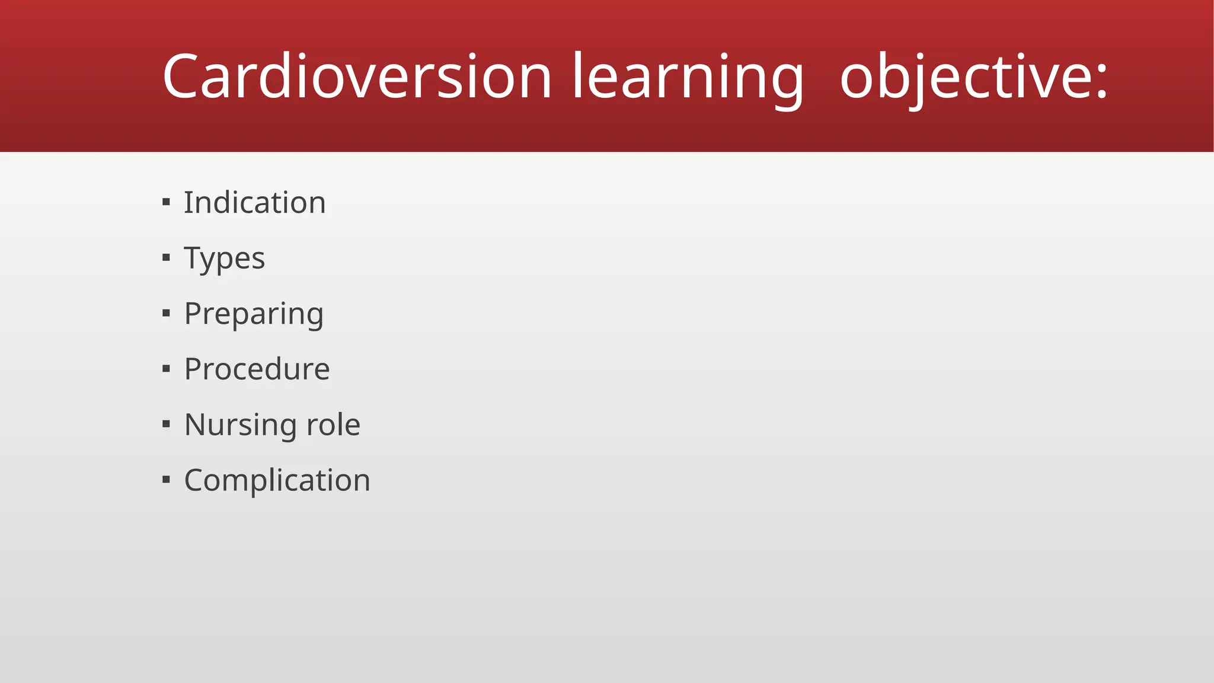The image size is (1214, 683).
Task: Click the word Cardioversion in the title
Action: point(357,76)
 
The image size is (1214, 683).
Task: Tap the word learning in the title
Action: point(688,76)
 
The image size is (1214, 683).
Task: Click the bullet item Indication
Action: point(254,203)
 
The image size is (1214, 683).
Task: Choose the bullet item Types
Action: point(224,258)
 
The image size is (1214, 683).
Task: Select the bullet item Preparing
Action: point(254,314)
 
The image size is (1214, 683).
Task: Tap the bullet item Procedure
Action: point(257,369)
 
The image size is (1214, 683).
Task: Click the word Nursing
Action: point(240,425)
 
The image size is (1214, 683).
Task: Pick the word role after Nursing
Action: point(333,425)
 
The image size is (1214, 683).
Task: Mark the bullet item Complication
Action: point(277,480)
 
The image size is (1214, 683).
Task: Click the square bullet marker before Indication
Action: point(166,203)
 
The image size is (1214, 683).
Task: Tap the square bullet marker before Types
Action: point(166,258)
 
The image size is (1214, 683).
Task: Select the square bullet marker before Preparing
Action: point(166,313)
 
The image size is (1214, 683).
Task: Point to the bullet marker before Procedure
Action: point(166,369)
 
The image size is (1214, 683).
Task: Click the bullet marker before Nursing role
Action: point(166,424)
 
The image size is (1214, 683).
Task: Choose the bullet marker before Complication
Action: point(166,480)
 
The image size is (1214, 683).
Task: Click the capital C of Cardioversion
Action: point(180,76)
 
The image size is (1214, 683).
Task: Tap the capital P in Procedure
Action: point(194,369)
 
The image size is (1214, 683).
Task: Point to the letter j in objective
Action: point(911,80)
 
